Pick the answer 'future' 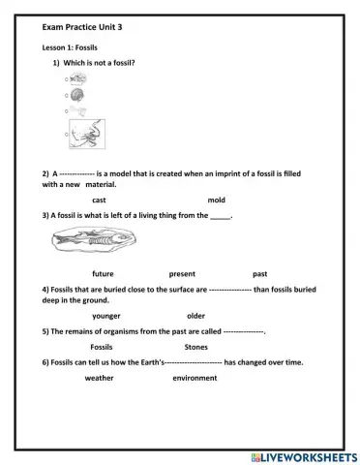tap(103, 273)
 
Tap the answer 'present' tap(182, 273)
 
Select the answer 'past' tap(259, 273)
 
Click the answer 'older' tap(195, 315)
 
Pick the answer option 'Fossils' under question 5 tap(102, 346)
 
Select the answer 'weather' tap(99, 378)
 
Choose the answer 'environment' tap(195, 378)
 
